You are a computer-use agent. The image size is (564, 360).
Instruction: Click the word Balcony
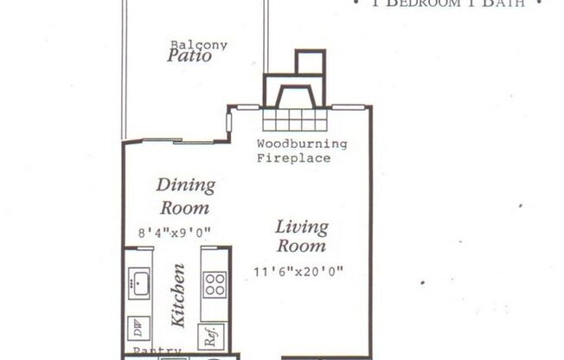point(198,45)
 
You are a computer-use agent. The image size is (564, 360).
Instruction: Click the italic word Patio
point(189,57)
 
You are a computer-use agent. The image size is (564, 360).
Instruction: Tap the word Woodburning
point(302,144)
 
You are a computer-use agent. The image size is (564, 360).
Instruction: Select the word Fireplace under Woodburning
point(293,157)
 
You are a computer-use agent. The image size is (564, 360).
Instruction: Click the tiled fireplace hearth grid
point(295,119)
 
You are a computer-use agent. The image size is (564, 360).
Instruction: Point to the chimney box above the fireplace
point(310,62)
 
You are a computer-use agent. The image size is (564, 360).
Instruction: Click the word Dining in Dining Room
point(185,185)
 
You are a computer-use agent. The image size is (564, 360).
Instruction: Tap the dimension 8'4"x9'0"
point(175,231)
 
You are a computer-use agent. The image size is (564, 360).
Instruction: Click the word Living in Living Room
point(302,227)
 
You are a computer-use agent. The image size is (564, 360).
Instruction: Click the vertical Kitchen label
point(178,295)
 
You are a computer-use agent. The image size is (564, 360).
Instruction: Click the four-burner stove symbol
point(215,284)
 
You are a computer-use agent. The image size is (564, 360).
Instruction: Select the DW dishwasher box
point(138,330)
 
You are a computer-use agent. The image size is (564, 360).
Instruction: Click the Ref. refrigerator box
point(211,335)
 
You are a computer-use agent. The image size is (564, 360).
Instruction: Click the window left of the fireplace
point(247,107)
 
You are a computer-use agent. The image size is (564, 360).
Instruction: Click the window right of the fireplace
point(348,107)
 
